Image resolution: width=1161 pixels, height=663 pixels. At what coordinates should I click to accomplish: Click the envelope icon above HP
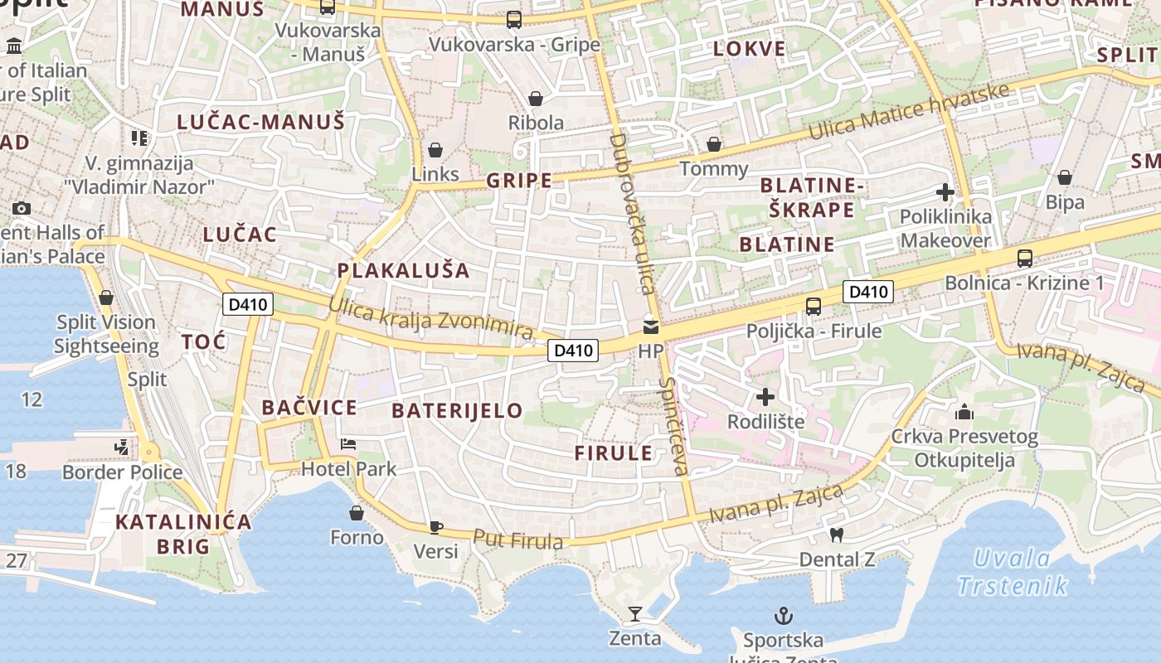coord(651,327)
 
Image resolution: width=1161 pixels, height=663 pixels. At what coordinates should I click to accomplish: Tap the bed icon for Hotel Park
coord(348,445)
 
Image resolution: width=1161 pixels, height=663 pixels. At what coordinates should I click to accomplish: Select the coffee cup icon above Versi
coord(436,527)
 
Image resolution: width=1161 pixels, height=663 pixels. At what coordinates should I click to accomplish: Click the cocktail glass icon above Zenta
coord(635,614)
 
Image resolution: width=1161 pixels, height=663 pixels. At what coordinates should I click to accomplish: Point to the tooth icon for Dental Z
coord(836,535)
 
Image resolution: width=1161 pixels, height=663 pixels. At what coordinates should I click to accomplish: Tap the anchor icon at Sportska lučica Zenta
coord(783,616)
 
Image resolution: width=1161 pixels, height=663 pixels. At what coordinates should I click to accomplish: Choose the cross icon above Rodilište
coord(765,397)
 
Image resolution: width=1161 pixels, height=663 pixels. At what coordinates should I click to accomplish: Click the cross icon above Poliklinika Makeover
coord(945,193)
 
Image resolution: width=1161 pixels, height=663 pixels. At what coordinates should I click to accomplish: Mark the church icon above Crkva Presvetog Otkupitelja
coord(964,412)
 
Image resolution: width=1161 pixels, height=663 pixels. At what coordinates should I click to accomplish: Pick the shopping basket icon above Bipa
coord(1065,177)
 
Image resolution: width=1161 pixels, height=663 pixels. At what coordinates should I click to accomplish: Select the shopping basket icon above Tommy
coord(714,145)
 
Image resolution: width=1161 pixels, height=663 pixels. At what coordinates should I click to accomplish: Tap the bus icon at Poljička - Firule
coord(814,307)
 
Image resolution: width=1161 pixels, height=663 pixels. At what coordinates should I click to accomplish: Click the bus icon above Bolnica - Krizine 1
coord(1025,259)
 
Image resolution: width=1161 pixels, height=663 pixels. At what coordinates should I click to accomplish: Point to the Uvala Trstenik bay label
coord(1013,572)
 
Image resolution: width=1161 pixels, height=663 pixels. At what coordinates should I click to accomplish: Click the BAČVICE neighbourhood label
coord(309,407)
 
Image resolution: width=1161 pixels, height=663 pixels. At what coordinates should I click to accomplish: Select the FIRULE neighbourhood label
coord(614,452)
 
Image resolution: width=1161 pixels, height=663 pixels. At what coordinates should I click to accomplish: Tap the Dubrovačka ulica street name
coord(632,214)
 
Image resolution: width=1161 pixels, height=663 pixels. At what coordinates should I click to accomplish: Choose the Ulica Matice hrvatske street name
coord(910,112)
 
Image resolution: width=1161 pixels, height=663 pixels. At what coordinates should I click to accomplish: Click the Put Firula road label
coord(517,540)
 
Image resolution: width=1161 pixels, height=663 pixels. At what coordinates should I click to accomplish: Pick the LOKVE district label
coord(750,48)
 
